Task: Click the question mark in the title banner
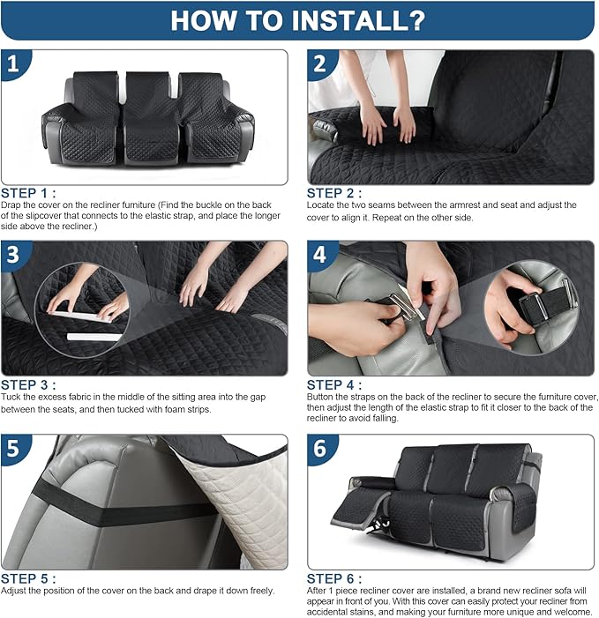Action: point(416,20)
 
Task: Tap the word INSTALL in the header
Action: point(352,20)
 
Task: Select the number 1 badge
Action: point(14,63)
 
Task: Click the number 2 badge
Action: point(320,63)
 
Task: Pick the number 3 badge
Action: point(14,255)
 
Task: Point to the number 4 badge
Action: point(320,255)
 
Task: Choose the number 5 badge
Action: point(14,449)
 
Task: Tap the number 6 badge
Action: point(320,449)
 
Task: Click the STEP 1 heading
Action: point(28,193)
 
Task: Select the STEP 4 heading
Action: point(334,384)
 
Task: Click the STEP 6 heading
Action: point(334,578)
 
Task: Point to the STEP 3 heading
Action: point(28,384)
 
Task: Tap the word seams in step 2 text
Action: point(382,205)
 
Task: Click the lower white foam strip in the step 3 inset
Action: point(94,337)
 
